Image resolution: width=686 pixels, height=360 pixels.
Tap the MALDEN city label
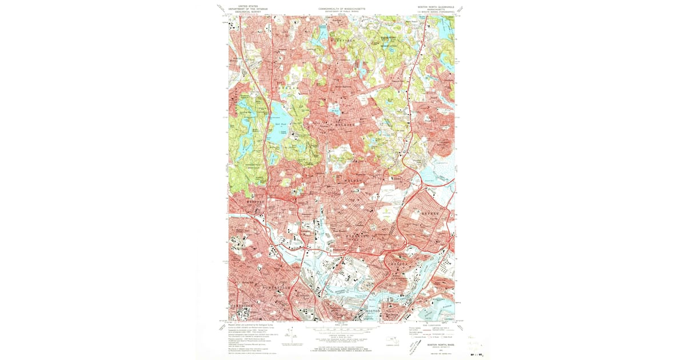point(355,180)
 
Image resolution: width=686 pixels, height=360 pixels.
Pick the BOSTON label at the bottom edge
point(372,311)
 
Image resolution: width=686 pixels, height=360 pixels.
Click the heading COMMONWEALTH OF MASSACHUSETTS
point(342,9)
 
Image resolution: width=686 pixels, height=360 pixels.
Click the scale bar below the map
point(342,328)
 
